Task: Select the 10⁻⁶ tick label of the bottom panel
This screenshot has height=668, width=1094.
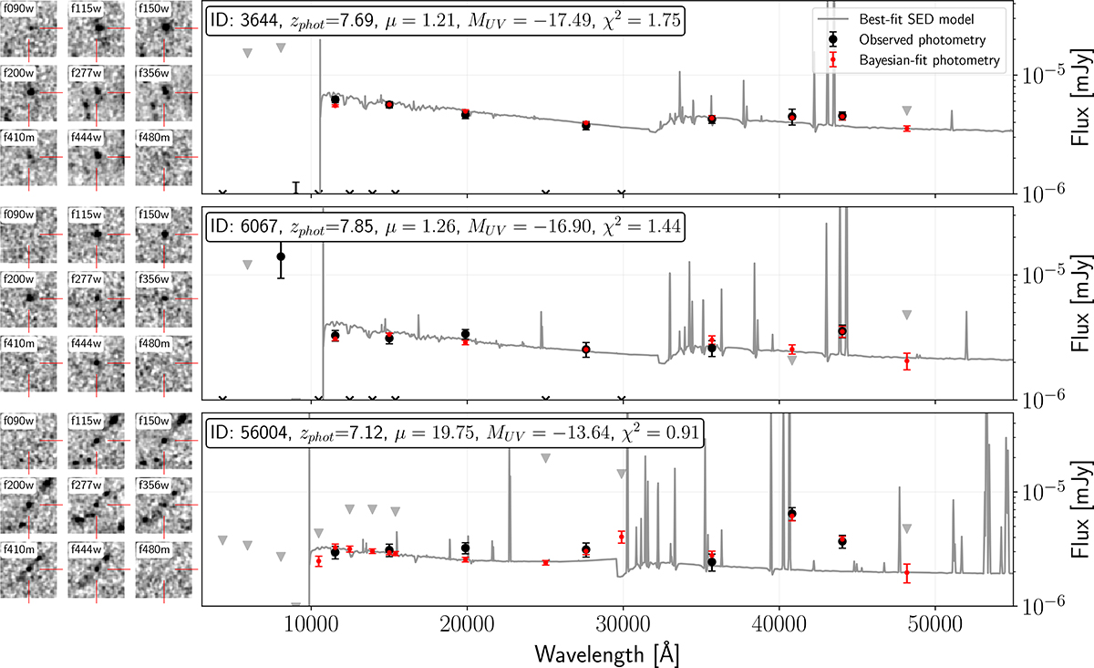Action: pos(1044,605)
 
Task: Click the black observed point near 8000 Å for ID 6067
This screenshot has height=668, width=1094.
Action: pos(281,256)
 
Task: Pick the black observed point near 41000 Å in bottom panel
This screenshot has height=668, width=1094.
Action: pos(792,513)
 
